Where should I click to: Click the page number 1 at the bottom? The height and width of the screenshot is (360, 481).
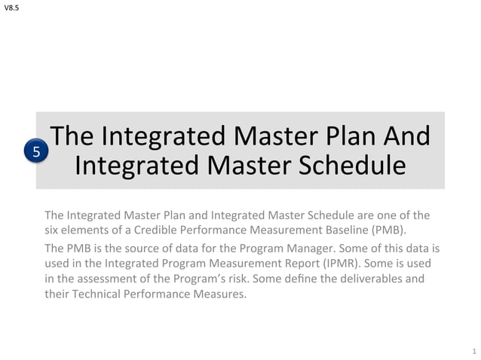coord(473,351)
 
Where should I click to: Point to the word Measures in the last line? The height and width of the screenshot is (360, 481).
coord(222,294)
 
